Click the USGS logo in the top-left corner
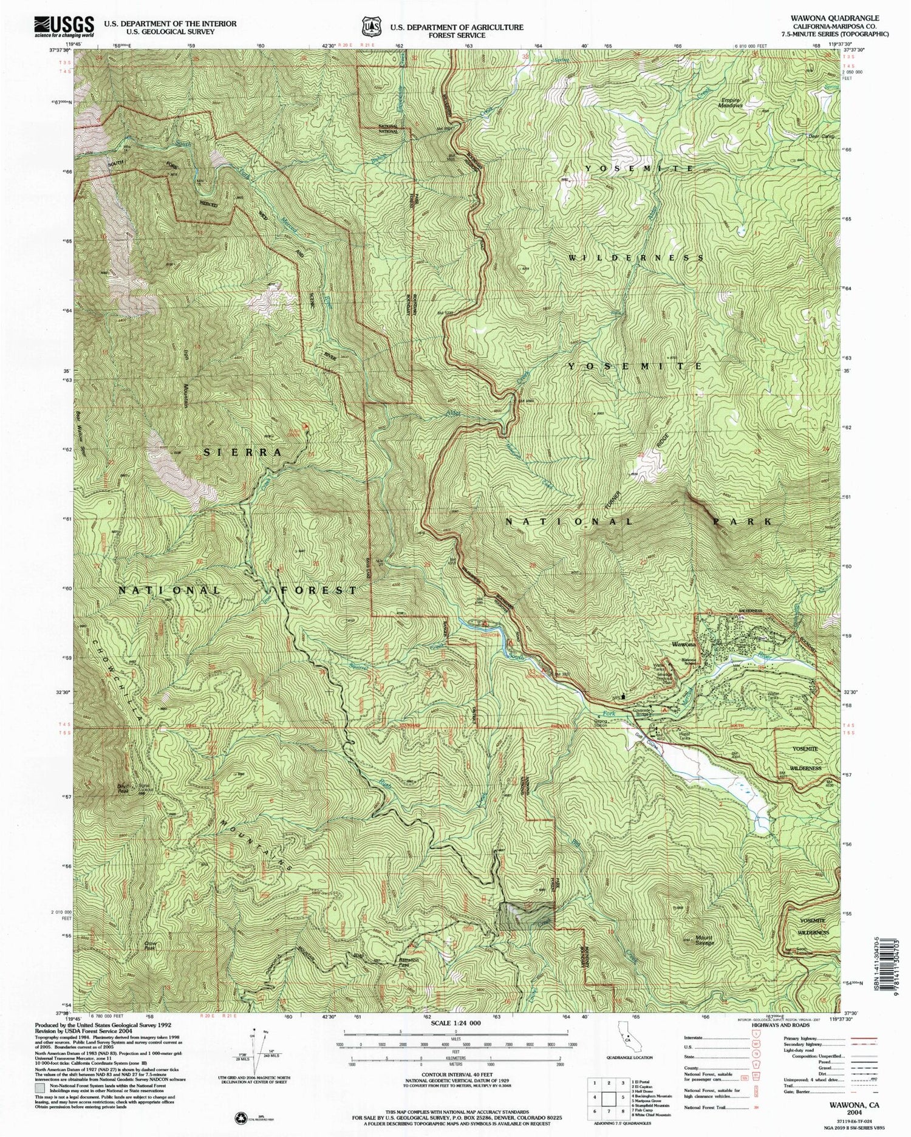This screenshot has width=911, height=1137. pos(61,25)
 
